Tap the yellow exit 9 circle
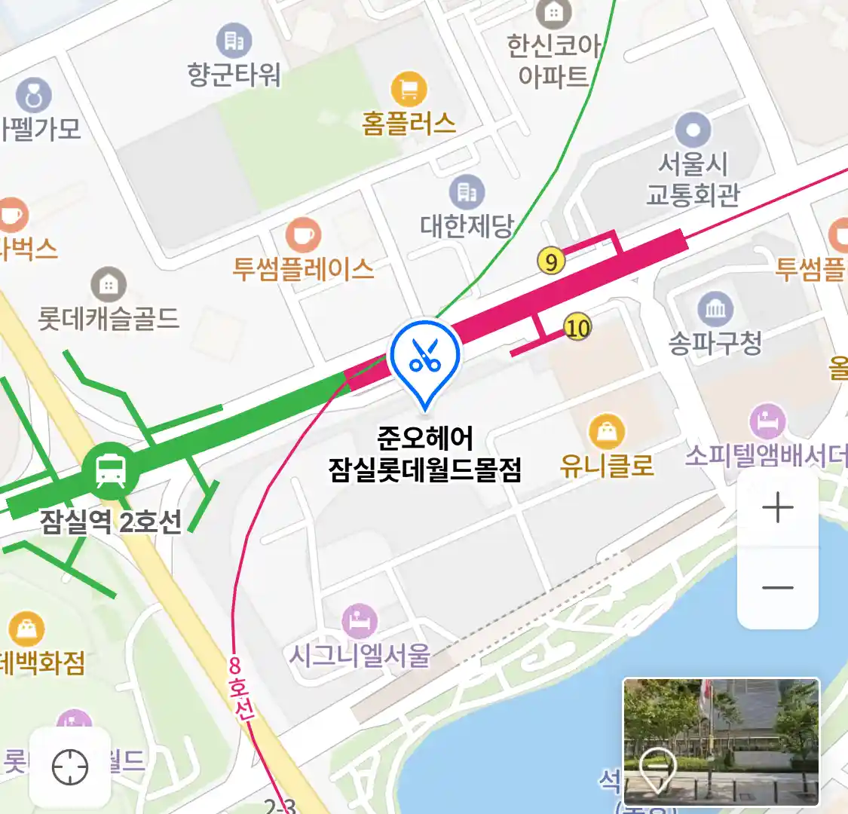pyautogui.click(x=552, y=262)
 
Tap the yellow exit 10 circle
pyautogui.click(x=577, y=328)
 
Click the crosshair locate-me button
pyautogui.click(x=70, y=767)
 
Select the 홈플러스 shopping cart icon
pyautogui.click(x=409, y=90)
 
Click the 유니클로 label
pyautogui.click(x=606, y=465)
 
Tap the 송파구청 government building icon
pyautogui.click(x=715, y=308)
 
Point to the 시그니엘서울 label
pyautogui.click(x=360, y=655)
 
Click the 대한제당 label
pyautogui.click(x=467, y=225)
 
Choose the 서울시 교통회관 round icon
pyautogui.click(x=693, y=130)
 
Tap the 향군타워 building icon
pyautogui.click(x=234, y=41)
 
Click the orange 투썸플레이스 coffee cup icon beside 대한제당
pyautogui.click(x=303, y=235)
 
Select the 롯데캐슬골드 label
pyautogui.click(x=109, y=318)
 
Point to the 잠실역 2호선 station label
pyautogui.click(x=111, y=522)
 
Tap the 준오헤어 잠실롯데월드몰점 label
pyautogui.click(x=425, y=454)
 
